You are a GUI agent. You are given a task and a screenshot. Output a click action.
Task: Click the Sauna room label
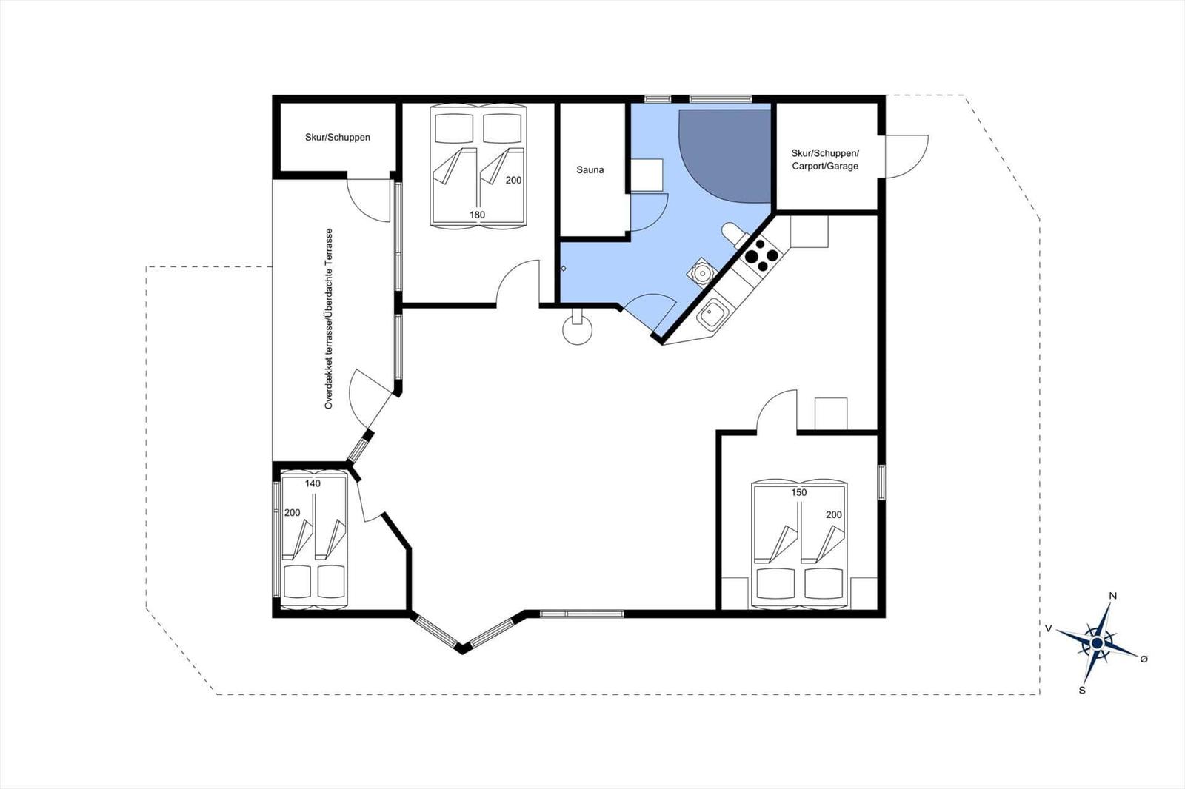point(590,169)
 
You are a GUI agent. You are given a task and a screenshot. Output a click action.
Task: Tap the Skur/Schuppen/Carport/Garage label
point(825,159)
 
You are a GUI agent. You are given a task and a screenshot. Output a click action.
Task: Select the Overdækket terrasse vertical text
point(329,318)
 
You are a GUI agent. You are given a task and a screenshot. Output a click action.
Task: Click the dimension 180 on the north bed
point(477,215)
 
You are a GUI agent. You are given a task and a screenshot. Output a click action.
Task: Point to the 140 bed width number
point(313,483)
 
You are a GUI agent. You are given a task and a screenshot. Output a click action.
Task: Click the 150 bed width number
point(798,492)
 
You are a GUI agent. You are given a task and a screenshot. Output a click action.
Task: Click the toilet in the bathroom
point(732,234)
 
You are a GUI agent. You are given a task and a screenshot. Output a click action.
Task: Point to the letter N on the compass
point(1112,596)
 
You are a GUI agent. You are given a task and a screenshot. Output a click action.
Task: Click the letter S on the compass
point(1082,690)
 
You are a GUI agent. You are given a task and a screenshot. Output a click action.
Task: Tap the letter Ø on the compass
point(1144,659)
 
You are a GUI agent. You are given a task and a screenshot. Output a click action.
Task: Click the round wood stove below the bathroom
point(577,329)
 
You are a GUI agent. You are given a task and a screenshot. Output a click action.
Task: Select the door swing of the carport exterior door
point(905,156)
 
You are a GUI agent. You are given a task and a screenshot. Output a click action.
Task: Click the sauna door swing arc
point(649,213)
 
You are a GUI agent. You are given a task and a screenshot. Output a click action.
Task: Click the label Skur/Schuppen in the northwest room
point(337,137)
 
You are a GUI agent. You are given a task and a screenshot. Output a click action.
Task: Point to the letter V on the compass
point(1048,628)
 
